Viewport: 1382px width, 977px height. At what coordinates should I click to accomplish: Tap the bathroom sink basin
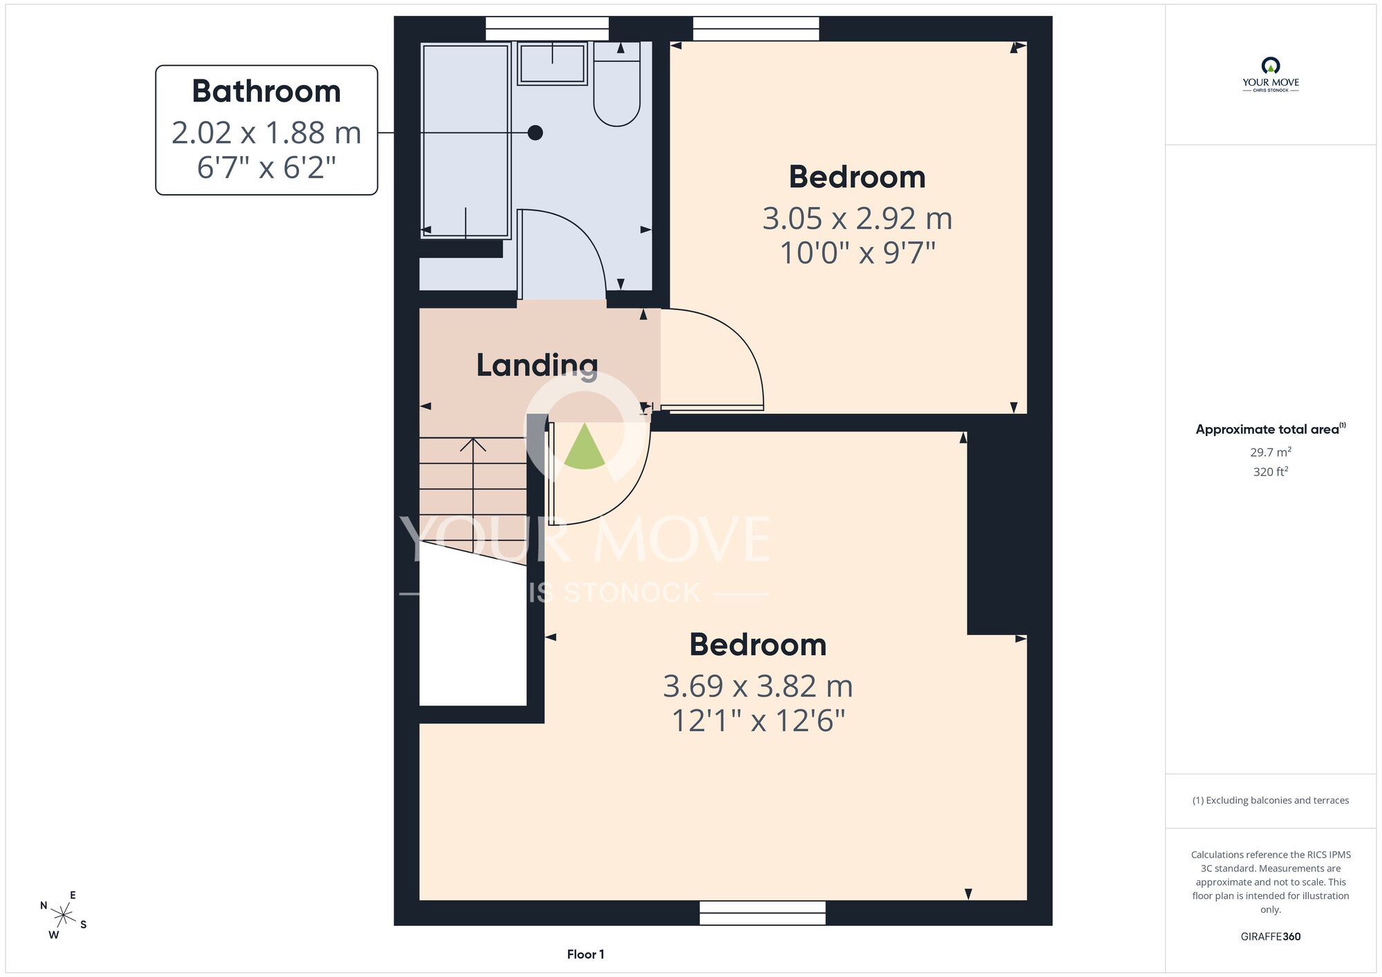(x=552, y=64)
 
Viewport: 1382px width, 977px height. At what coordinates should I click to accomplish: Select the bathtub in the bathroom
(x=466, y=141)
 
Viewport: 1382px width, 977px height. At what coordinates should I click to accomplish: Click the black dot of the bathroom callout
(x=535, y=133)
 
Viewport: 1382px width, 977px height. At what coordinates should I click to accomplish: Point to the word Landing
(x=537, y=366)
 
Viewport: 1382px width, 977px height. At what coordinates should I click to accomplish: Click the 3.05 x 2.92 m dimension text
(x=858, y=218)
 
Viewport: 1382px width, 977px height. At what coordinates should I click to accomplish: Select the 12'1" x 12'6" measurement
(x=758, y=721)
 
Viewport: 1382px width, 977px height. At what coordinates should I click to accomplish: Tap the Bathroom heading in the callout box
(x=266, y=91)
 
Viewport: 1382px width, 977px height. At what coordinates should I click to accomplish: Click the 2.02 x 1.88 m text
(x=266, y=133)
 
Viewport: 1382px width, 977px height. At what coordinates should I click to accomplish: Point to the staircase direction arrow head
(x=473, y=444)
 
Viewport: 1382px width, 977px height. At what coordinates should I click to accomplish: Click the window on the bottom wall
(x=762, y=913)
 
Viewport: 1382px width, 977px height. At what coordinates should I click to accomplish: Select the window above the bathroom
(x=547, y=28)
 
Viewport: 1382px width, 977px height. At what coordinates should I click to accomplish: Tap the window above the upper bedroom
(x=756, y=28)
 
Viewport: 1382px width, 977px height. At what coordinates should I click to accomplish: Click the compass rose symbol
(x=64, y=916)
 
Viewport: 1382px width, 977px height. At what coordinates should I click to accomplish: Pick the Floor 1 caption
(x=585, y=954)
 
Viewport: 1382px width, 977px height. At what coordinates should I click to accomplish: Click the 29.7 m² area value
(x=1270, y=452)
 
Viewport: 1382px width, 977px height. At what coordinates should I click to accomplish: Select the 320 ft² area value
(x=1270, y=471)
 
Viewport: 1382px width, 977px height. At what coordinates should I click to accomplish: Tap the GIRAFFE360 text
(x=1270, y=937)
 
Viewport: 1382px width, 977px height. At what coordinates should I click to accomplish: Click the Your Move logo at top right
(x=1270, y=75)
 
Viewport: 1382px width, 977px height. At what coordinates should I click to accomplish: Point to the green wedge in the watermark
(x=585, y=446)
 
